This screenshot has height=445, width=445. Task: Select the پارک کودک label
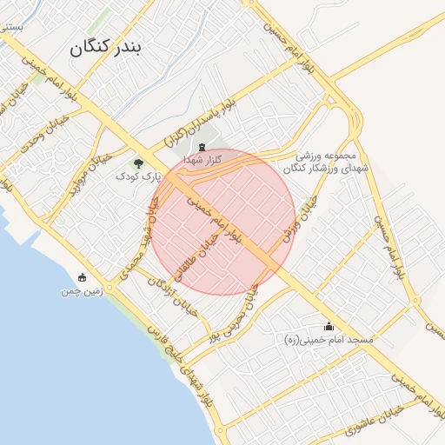click(x=139, y=176)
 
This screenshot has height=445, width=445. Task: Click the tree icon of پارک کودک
click(x=139, y=163)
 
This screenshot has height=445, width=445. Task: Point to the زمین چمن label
click(x=83, y=292)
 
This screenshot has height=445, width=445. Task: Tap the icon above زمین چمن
click(x=83, y=278)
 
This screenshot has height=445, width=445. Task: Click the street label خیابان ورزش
click(x=300, y=217)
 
